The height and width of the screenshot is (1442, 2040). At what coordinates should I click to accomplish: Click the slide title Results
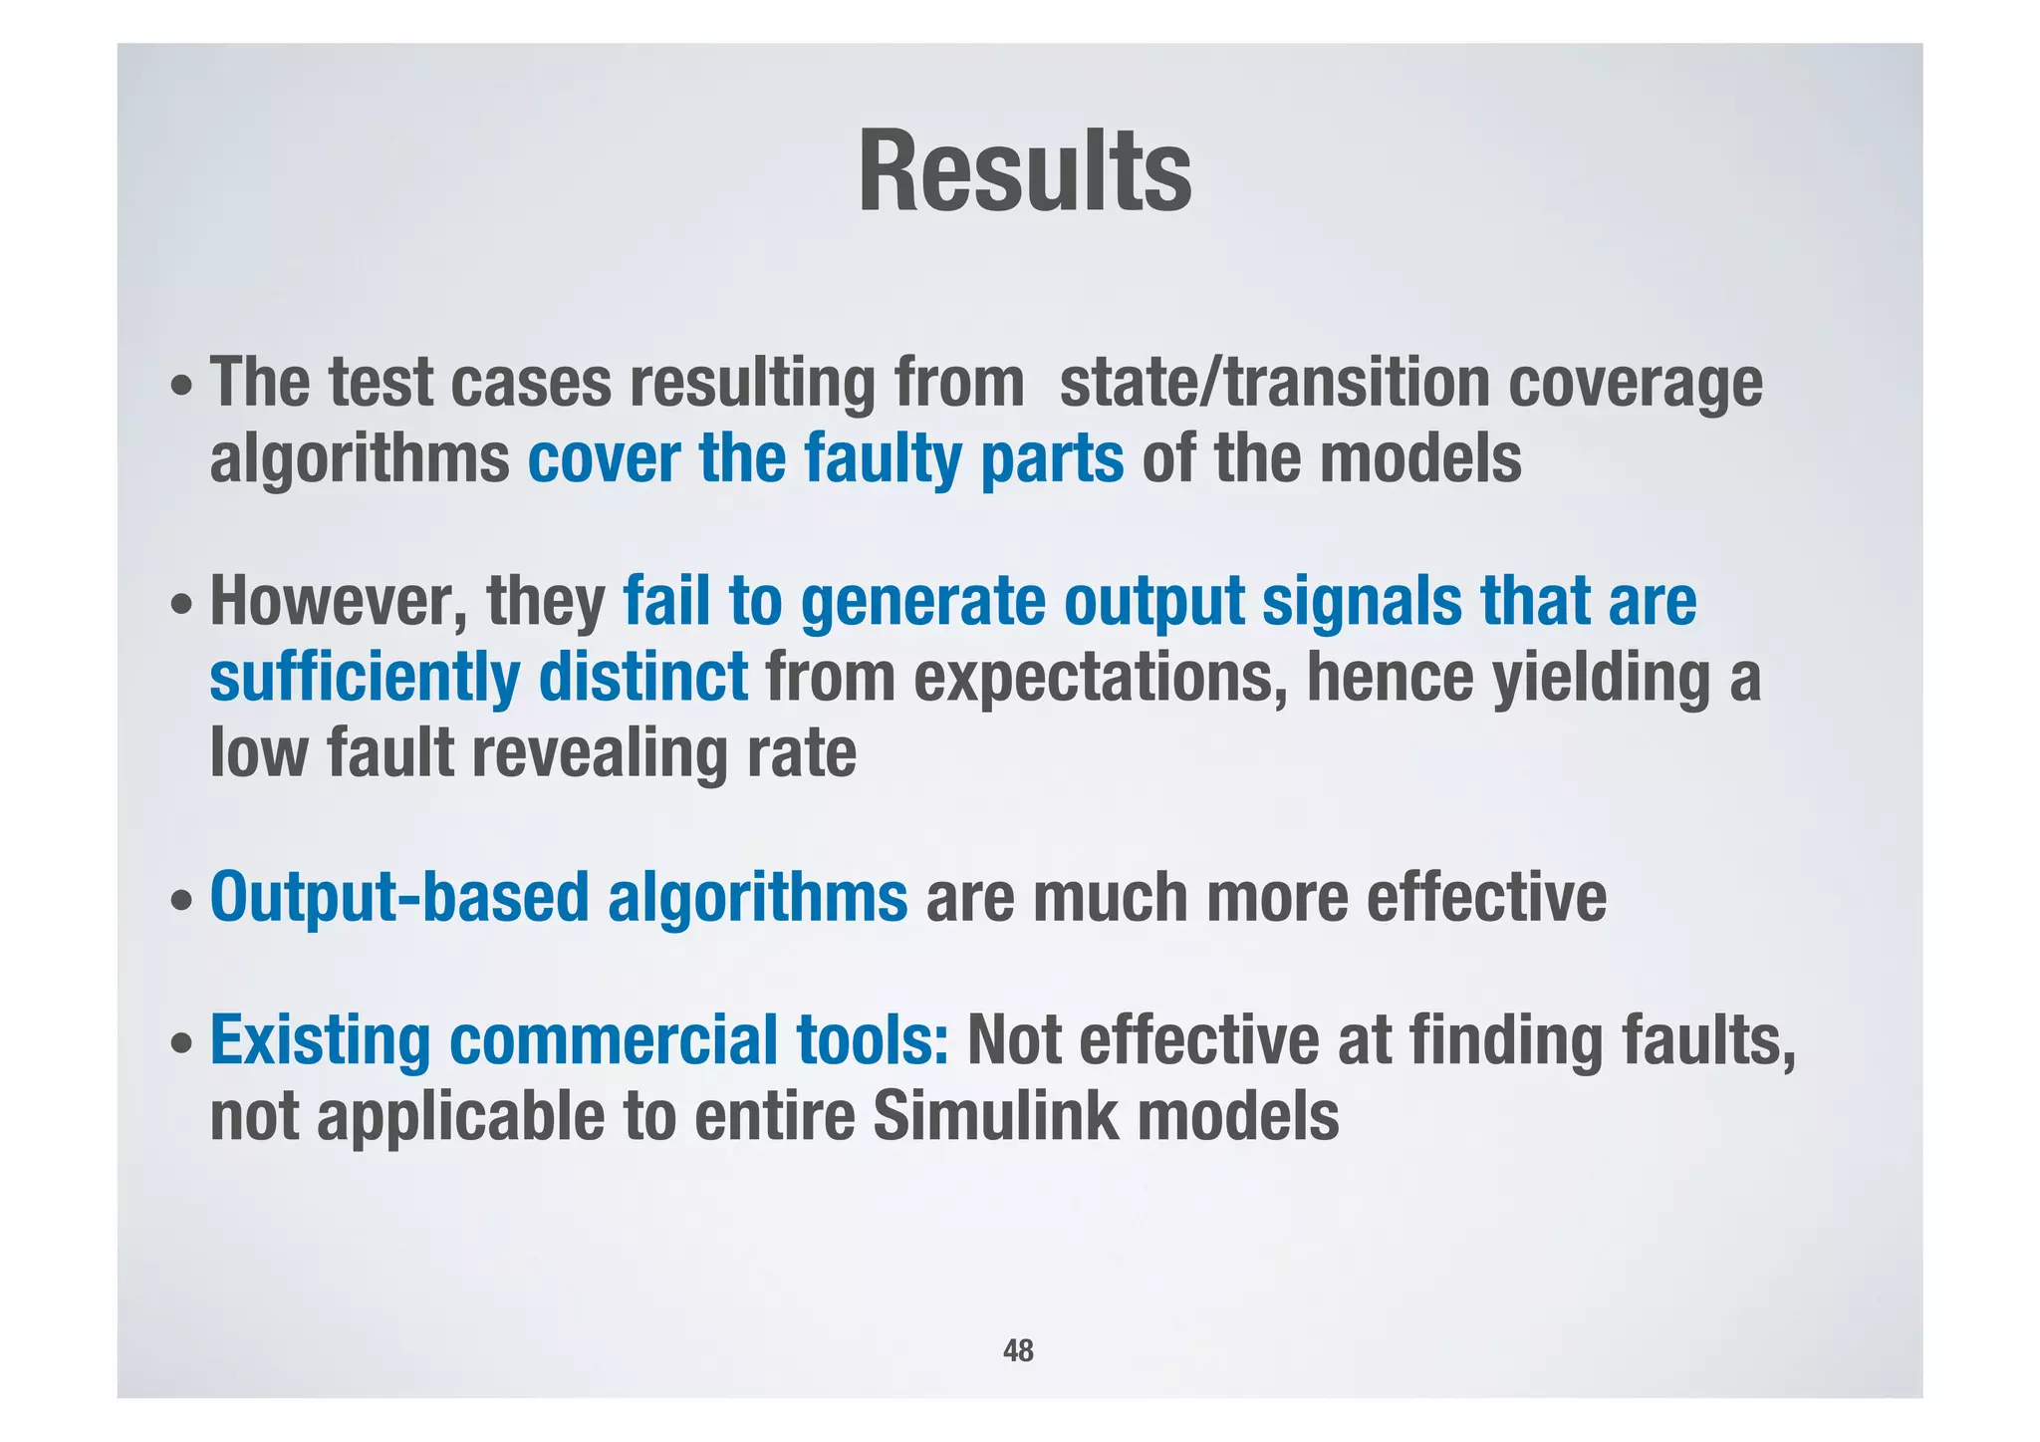tap(1024, 172)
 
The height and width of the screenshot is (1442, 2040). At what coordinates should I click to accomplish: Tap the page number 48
tap(1018, 1351)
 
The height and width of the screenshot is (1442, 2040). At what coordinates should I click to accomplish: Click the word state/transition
tap(1274, 384)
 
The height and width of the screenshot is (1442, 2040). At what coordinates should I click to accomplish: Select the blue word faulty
tap(883, 459)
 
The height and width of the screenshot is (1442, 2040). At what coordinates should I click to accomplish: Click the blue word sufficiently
tap(365, 678)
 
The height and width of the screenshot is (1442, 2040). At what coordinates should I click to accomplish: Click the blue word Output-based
tap(398, 897)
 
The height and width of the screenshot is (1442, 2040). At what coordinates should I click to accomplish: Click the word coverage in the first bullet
tap(1635, 386)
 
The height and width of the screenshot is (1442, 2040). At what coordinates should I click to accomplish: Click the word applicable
tap(459, 1118)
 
